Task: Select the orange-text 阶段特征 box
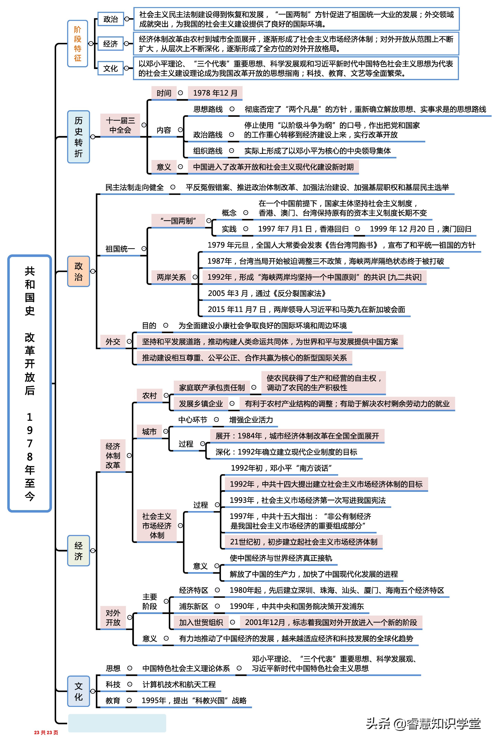(78, 44)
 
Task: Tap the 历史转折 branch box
(79, 137)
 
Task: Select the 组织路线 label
(208, 151)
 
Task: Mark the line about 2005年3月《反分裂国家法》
(267, 293)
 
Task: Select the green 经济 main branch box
(79, 551)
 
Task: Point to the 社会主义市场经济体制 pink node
(157, 525)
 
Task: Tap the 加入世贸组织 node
(201, 622)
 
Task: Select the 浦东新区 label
(194, 606)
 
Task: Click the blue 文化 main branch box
(79, 691)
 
